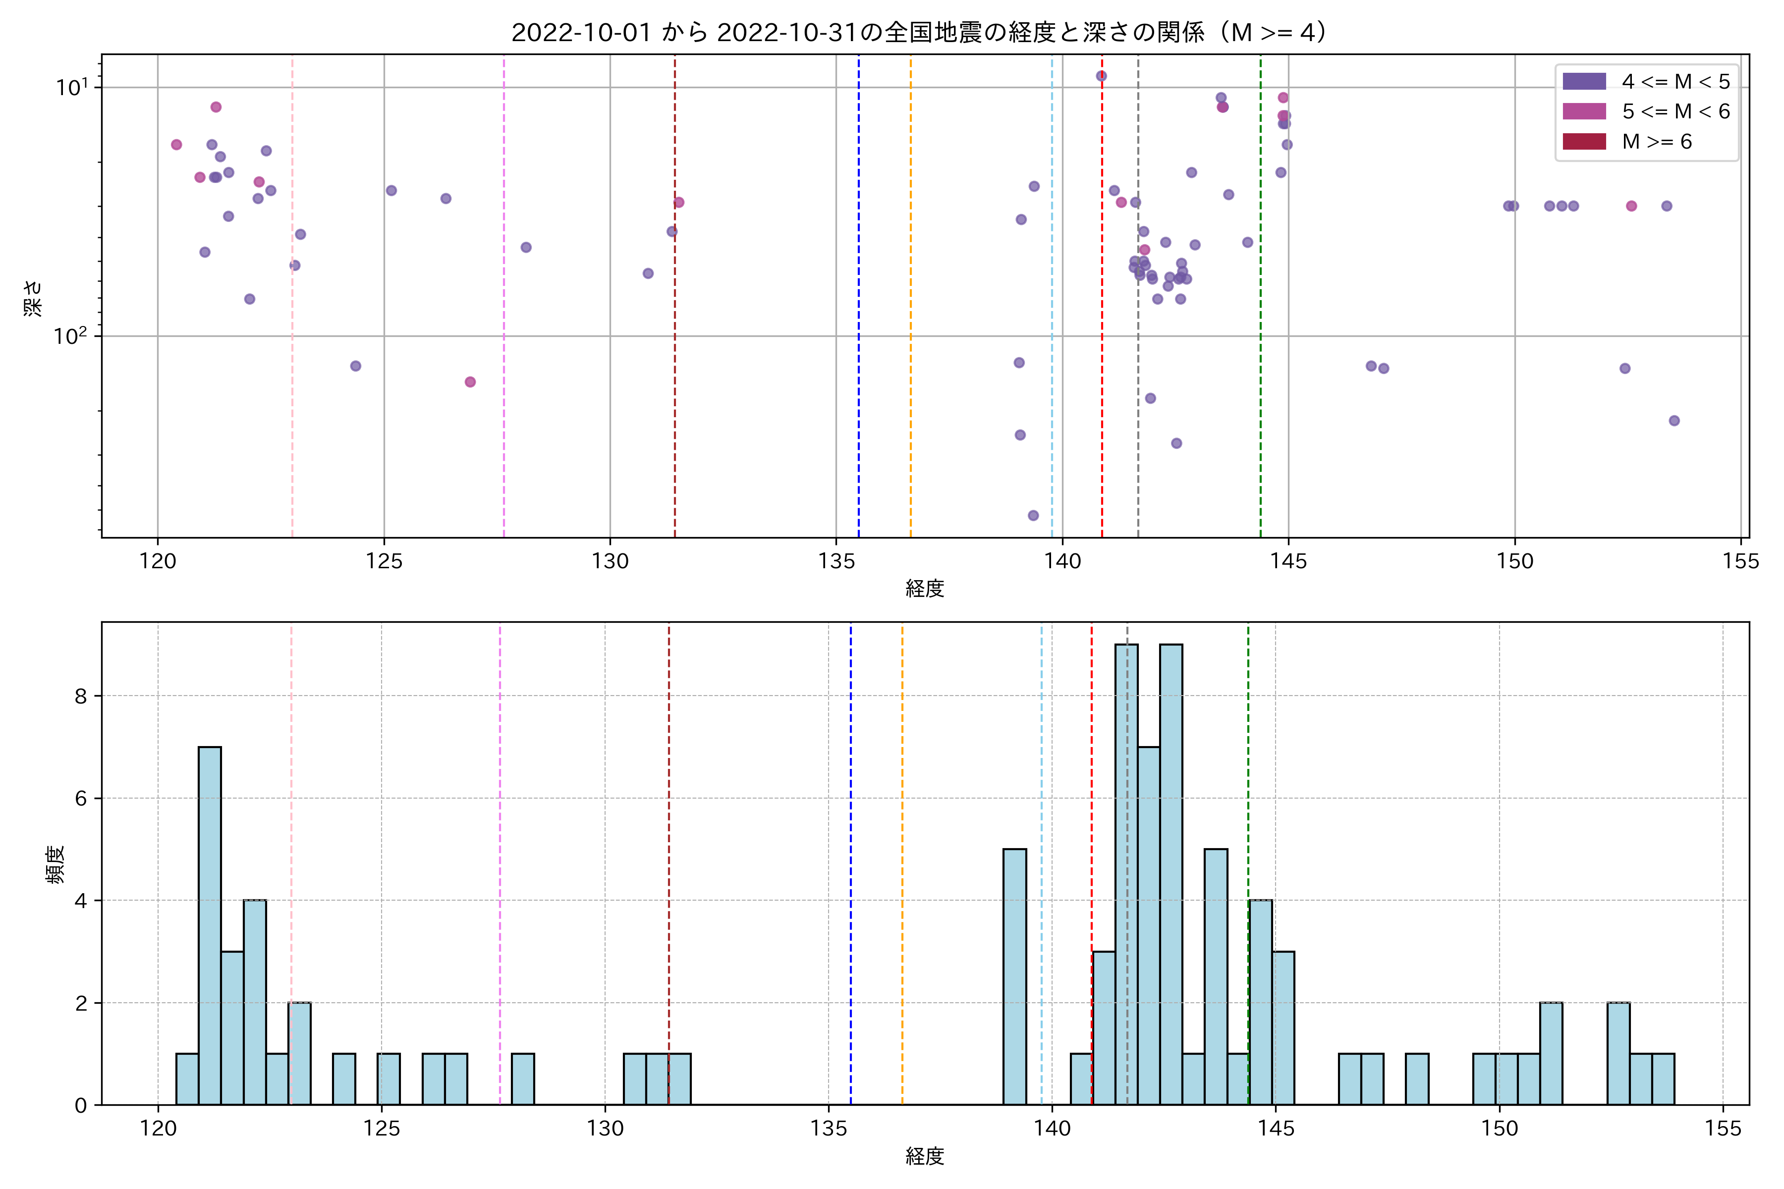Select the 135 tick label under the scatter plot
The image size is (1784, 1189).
pos(836,562)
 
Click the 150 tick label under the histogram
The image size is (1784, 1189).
pos(1499,1129)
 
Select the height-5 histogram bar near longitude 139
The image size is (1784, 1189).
pos(1015,976)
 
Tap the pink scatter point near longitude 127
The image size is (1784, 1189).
pos(470,382)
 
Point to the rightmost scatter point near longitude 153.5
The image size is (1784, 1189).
pos(1674,421)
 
